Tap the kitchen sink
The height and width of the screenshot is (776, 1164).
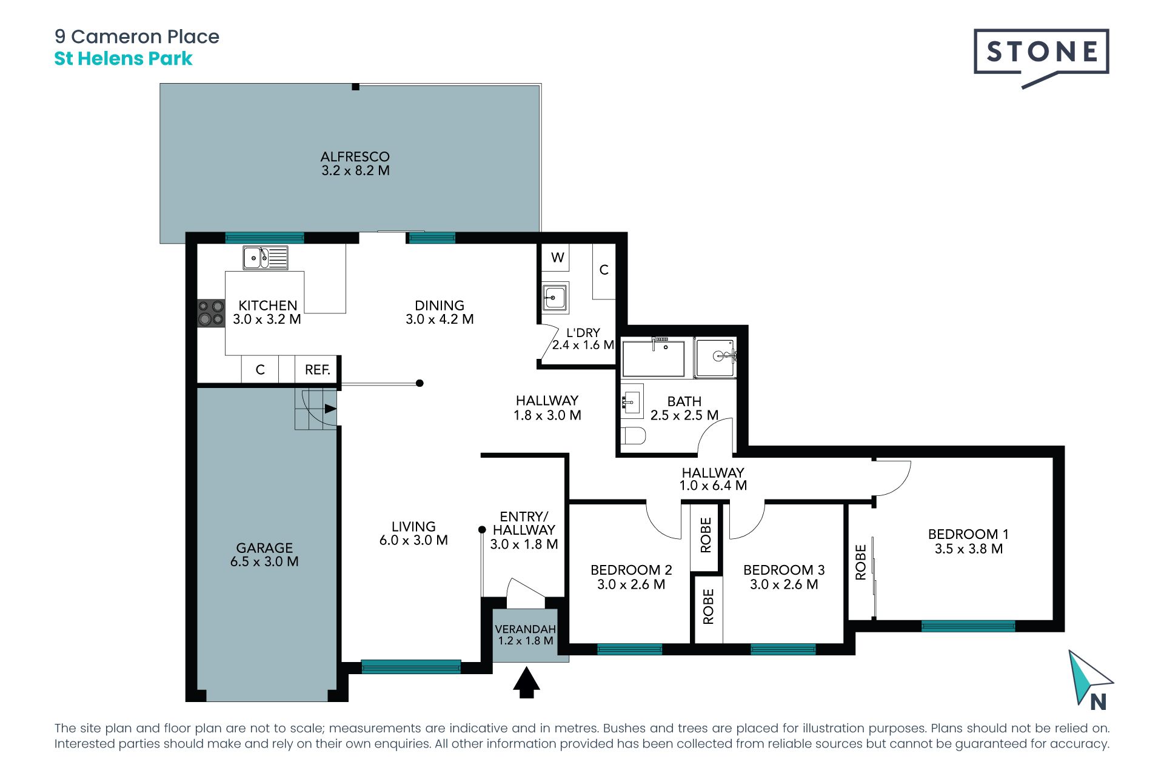pos(266,258)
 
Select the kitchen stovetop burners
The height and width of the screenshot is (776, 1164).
pos(211,313)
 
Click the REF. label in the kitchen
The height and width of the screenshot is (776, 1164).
pos(318,370)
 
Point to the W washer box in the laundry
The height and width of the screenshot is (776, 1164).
pos(557,258)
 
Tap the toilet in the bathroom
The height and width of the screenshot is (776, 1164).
pos(634,435)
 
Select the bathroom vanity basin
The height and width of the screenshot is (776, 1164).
pos(632,401)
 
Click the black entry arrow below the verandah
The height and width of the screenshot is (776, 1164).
pos(526,683)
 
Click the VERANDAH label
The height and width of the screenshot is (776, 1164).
pos(525,629)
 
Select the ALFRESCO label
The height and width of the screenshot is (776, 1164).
pos(355,156)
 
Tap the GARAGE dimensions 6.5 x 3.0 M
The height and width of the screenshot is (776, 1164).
pos(264,562)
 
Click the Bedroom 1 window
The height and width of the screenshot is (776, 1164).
pos(968,626)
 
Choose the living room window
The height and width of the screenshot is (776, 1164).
pos(411,667)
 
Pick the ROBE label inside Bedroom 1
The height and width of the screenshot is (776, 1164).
pos(860,562)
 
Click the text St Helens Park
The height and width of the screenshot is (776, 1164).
pos(124,59)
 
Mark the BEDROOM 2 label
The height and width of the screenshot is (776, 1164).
pos(631,570)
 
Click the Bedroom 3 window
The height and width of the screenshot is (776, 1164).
pos(783,649)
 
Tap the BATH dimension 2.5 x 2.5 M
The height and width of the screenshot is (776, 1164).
pos(684,415)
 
